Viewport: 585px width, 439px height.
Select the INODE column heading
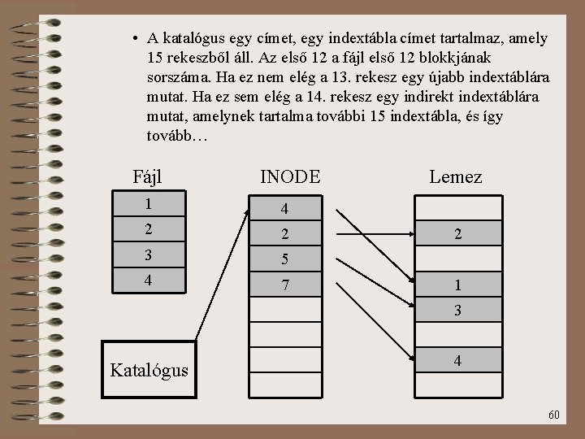(x=289, y=176)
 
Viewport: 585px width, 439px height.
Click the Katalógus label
(x=149, y=371)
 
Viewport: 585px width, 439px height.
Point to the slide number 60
(x=553, y=415)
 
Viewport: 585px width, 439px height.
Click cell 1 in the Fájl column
(x=148, y=204)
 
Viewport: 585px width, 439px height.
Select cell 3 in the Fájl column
(x=148, y=256)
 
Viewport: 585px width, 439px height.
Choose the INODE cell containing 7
(x=284, y=286)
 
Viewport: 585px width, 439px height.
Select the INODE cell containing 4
(x=284, y=210)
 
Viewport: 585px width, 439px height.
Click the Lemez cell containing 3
(x=458, y=310)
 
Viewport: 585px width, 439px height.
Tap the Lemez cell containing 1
(x=458, y=286)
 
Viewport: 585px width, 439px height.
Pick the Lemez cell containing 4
(x=458, y=360)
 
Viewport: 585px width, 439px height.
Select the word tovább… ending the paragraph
(x=177, y=136)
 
